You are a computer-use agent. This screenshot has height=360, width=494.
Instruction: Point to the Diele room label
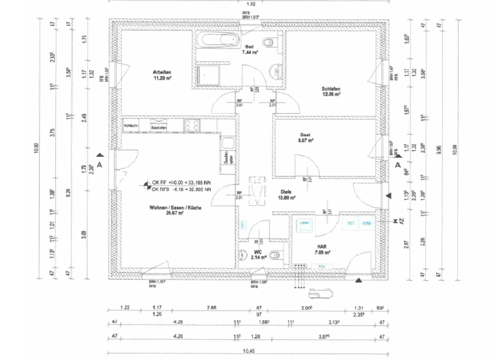[286, 192]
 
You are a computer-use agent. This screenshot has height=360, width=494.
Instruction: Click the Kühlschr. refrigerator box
[132, 125]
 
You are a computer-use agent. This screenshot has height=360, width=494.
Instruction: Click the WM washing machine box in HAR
[366, 223]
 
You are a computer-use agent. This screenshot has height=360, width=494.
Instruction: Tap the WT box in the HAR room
[351, 223]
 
